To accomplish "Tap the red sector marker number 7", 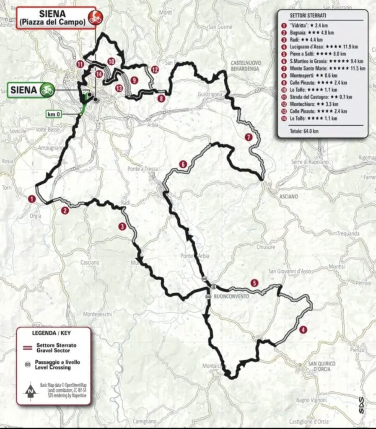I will [249, 137].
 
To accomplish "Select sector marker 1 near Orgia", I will [31, 199].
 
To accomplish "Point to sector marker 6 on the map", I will [182, 164].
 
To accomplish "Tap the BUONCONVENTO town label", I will [231, 296].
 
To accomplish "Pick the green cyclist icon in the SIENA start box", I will [47, 90].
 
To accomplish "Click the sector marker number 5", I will [254, 283].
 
